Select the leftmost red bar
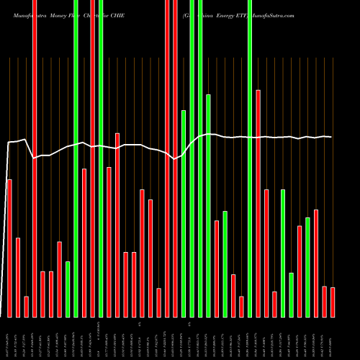(9, 248)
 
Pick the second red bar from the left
(18, 277)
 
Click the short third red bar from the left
(27, 306)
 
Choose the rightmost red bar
(333, 302)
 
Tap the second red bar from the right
(324, 301)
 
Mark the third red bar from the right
(316, 263)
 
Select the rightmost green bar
(307, 267)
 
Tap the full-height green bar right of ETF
(249, 158)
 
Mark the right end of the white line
(332, 137)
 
